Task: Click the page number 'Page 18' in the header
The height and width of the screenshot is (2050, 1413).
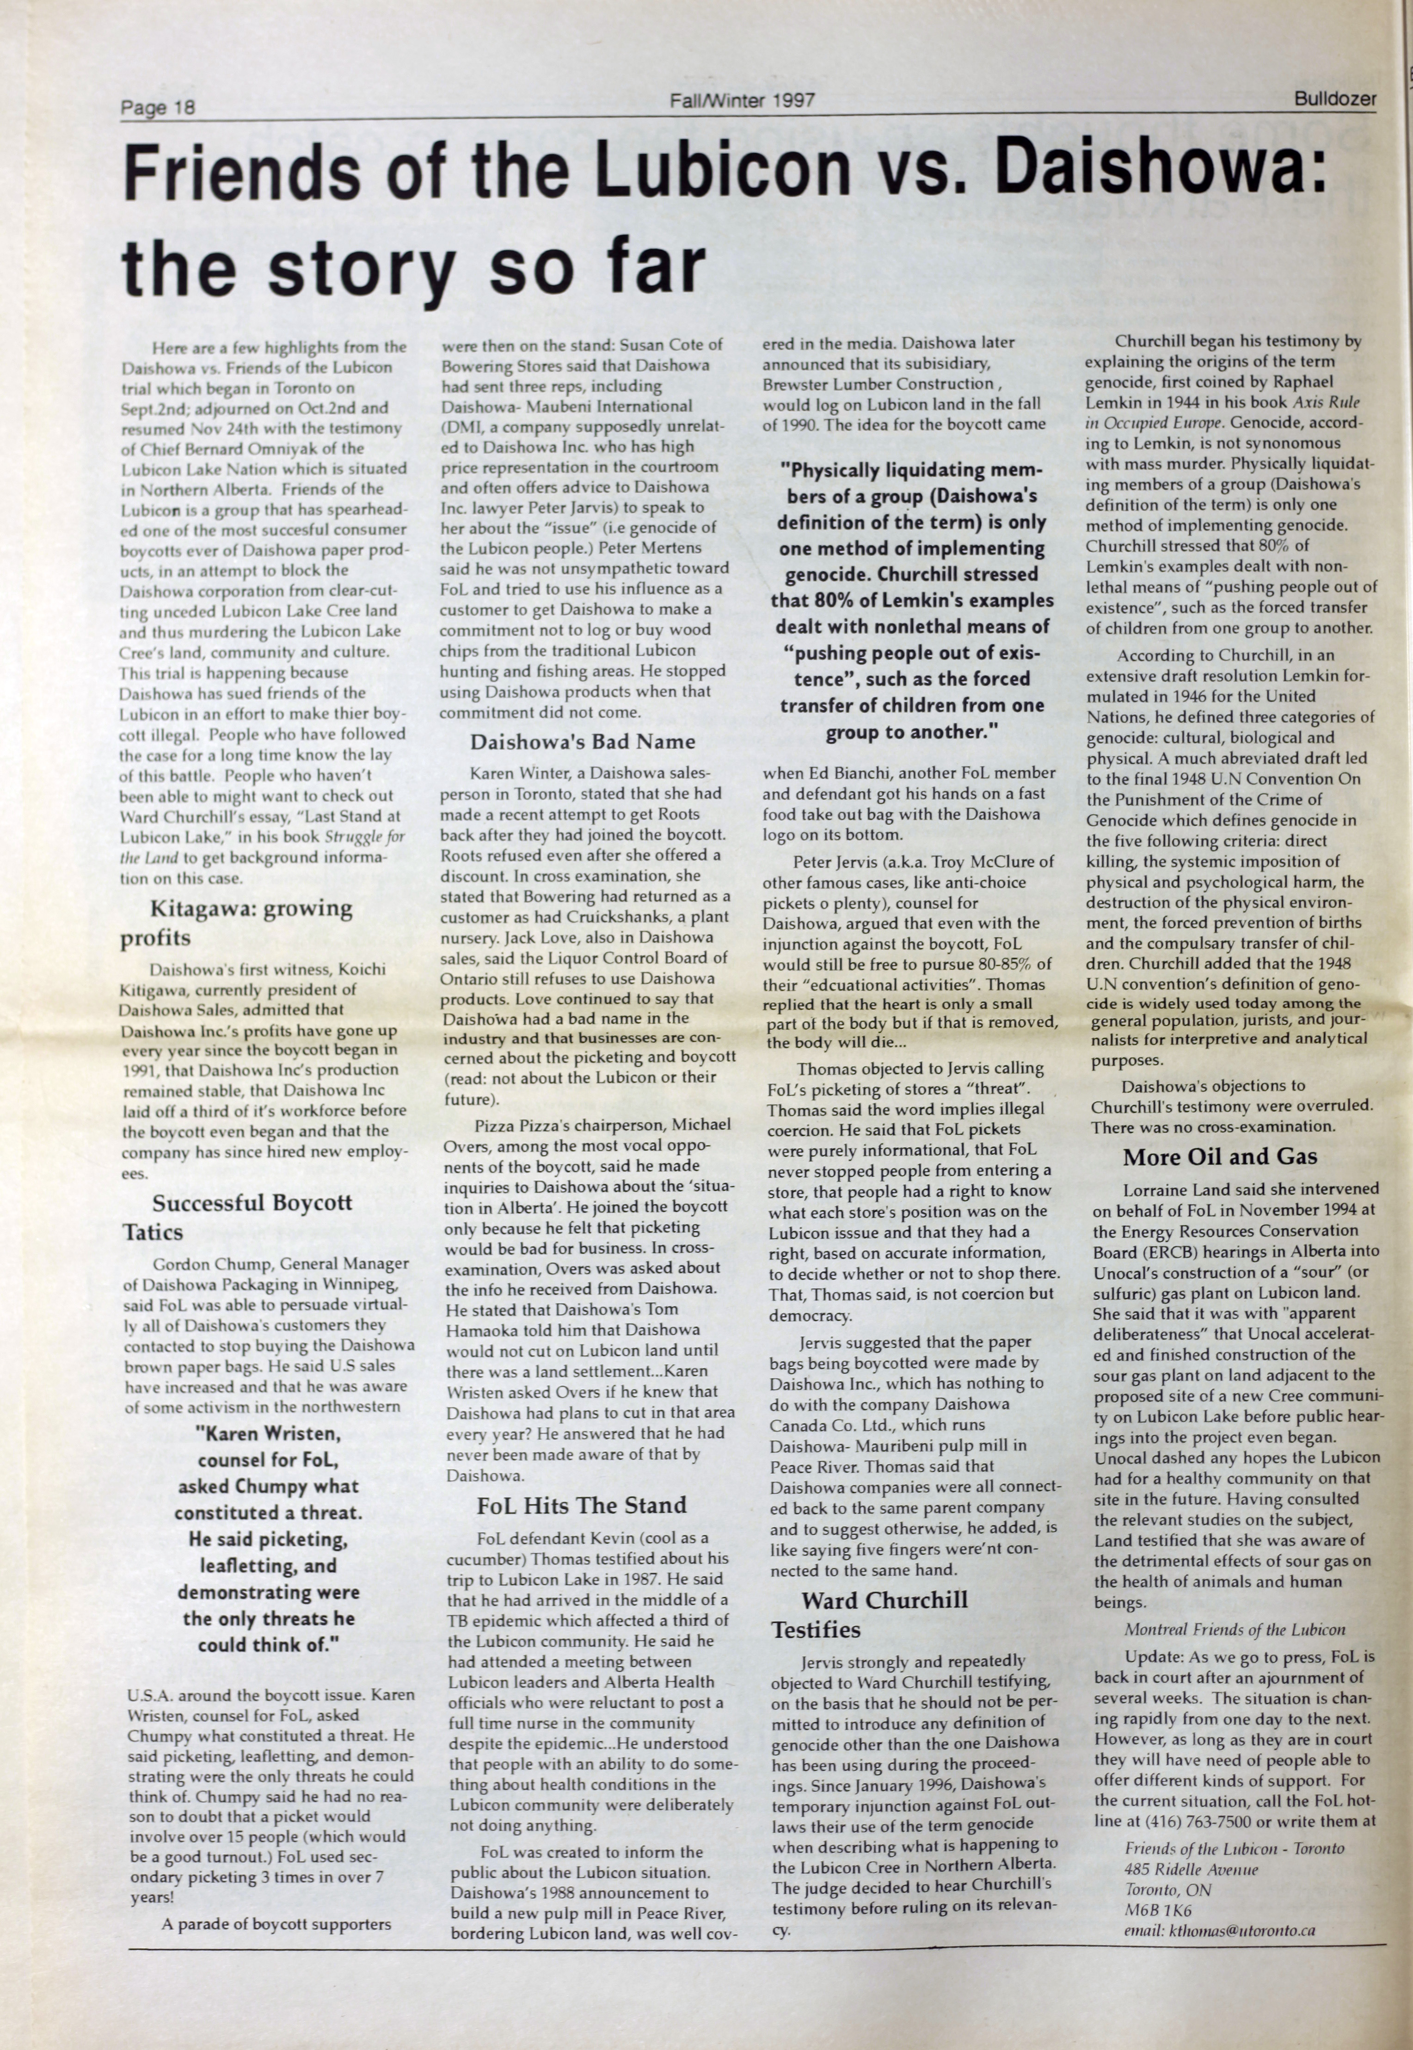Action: point(158,108)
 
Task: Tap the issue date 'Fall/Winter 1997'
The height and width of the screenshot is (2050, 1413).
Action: point(742,101)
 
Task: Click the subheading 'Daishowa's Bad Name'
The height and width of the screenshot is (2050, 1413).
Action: point(582,742)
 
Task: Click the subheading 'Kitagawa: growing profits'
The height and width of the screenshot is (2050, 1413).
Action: point(239,922)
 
